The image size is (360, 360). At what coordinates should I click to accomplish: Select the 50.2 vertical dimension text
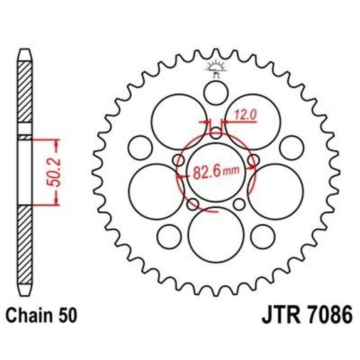click(54, 172)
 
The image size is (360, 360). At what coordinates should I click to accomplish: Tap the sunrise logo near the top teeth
click(216, 68)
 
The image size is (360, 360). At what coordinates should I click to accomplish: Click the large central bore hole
click(216, 173)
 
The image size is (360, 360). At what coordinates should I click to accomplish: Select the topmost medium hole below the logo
click(216, 93)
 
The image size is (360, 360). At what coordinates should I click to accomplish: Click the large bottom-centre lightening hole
click(216, 234)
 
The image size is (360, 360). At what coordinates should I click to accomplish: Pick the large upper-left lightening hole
click(179, 122)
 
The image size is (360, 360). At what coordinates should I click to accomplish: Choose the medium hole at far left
click(140, 148)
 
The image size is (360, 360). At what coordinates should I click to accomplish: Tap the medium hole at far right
click(292, 148)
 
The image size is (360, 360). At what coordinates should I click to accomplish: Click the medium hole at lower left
click(170, 237)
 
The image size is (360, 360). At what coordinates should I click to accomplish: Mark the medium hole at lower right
click(263, 237)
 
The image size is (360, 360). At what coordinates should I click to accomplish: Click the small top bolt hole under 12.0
click(216, 133)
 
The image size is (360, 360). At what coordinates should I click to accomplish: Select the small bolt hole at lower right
click(239, 204)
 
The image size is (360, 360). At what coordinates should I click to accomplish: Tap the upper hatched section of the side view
click(25, 92)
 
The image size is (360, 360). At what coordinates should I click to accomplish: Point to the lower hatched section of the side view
click(25, 245)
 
